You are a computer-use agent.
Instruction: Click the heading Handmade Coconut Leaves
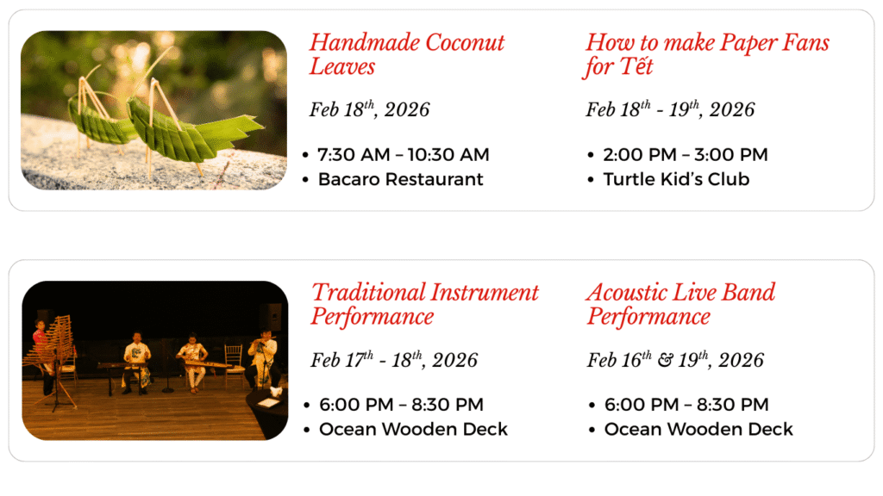pos(407,54)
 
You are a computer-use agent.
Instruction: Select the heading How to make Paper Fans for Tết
pos(707,54)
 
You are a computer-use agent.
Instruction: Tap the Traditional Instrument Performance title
pos(424,304)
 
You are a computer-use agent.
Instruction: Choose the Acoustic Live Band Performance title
pos(681,304)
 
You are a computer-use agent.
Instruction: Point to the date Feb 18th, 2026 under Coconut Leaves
pos(369,109)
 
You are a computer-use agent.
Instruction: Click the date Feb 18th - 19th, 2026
pos(670,109)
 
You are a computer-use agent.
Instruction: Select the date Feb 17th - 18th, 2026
pos(394,359)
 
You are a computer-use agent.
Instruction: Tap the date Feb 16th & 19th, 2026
pos(676,359)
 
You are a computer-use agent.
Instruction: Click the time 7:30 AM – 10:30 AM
pos(404,155)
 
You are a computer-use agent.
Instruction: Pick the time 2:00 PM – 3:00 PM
pos(686,155)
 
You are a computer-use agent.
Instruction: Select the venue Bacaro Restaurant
pos(400,179)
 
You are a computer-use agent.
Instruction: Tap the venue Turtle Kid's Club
pos(676,179)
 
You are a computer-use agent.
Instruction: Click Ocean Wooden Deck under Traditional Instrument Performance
pos(413,429)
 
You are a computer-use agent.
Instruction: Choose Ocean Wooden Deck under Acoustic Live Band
pos(698,429)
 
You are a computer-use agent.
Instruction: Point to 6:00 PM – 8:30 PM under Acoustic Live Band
pos(686,405)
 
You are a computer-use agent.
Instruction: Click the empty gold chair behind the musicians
pos(233,363)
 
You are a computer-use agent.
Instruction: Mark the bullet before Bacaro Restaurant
pos(305,180)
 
